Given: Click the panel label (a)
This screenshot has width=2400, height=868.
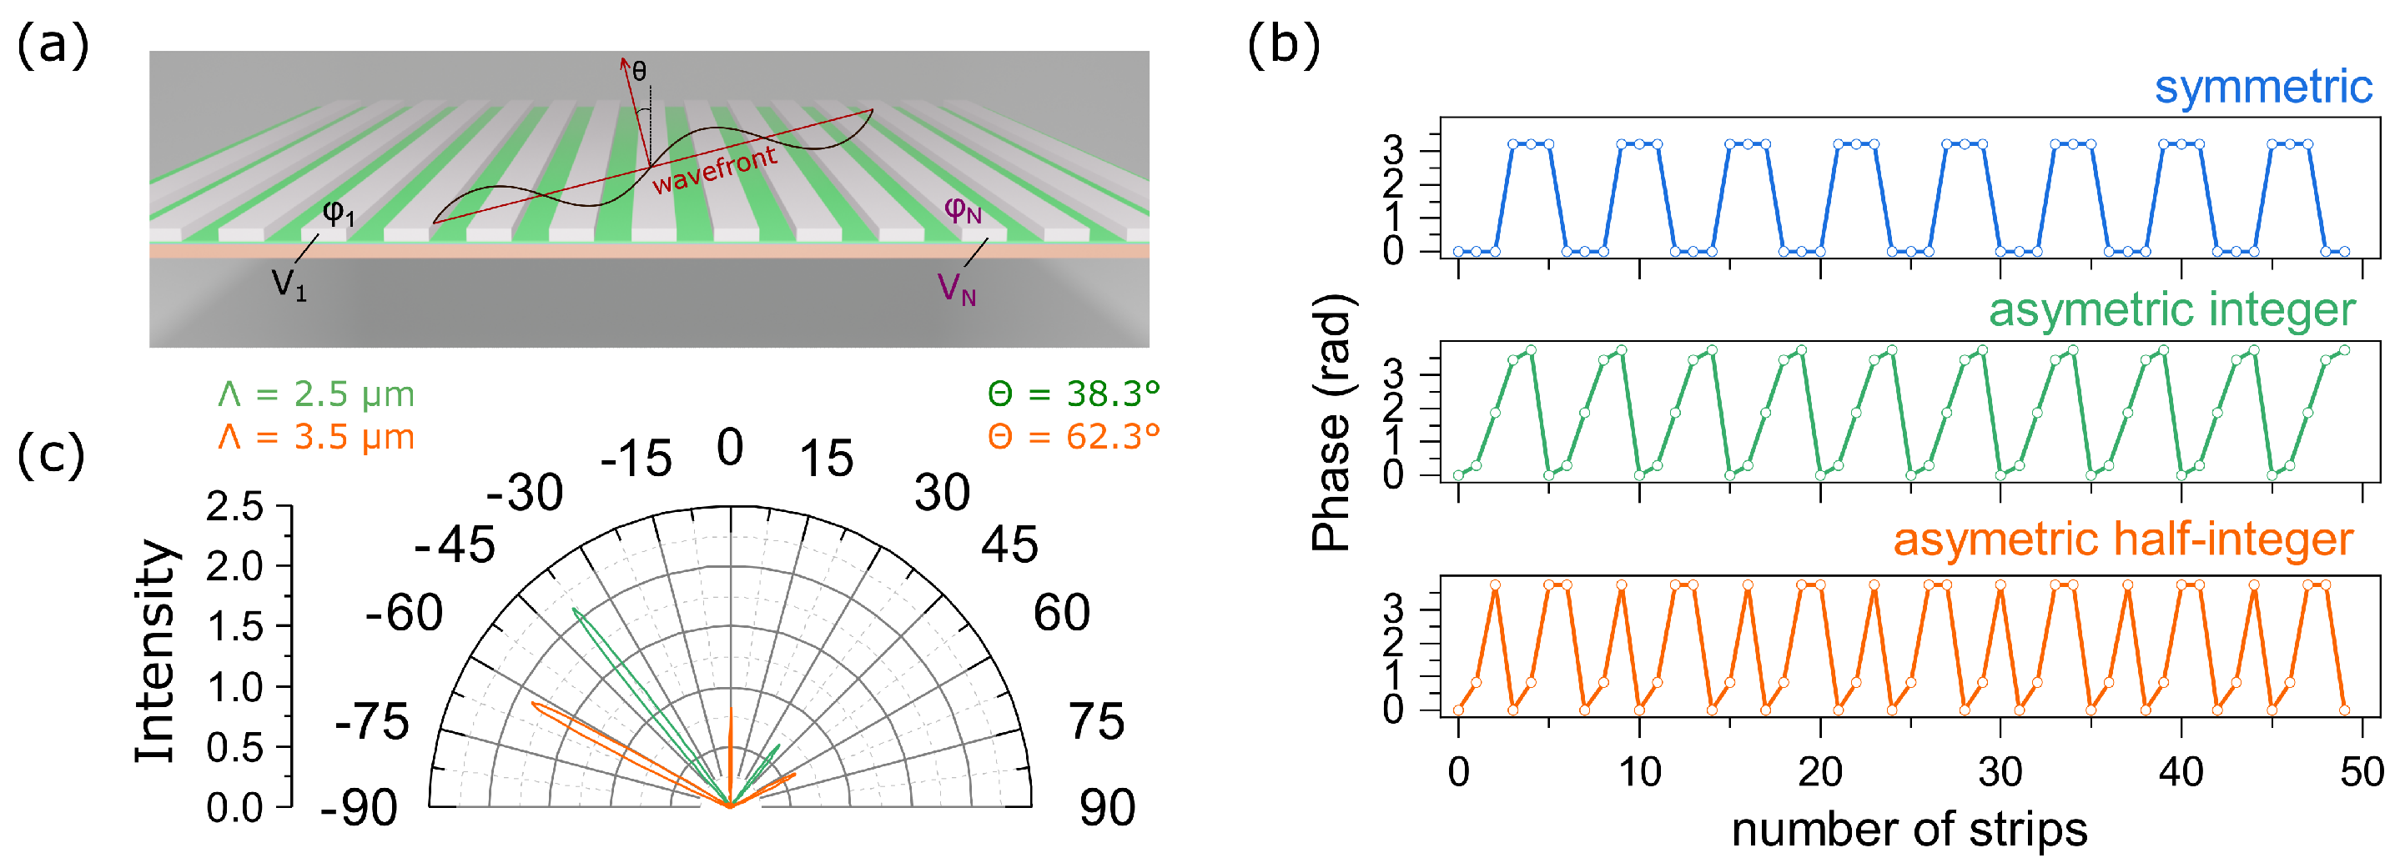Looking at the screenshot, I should (x=53, y=46).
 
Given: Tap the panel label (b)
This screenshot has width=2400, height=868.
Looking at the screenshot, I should (x=1283, y=46).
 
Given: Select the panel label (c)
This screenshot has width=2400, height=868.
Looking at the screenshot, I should (x=51, y=455).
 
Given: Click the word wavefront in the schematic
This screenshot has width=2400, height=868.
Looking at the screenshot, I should (x=715, y=170).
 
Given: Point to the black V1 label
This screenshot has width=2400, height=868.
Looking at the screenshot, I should (x=289, y=283).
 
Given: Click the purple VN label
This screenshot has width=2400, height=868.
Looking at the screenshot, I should (x=957, y=288).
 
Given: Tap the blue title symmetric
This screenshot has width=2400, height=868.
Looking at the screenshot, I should (x=2263, y=88).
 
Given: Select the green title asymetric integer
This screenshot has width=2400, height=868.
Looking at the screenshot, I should (x=2171, y=310).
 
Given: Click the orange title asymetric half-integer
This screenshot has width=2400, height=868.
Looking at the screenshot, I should (x=2123, y=540).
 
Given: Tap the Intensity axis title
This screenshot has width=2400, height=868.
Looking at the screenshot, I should (x=156, y=652).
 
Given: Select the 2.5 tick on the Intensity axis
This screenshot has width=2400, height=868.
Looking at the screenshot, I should (x=234, y=508).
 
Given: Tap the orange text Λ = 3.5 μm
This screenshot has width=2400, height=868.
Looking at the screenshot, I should (x=317, y=437).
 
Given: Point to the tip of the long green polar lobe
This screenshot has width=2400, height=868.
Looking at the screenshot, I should (x=574, y=609).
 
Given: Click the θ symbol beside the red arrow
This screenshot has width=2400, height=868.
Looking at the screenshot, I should (x=639, y=72).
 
